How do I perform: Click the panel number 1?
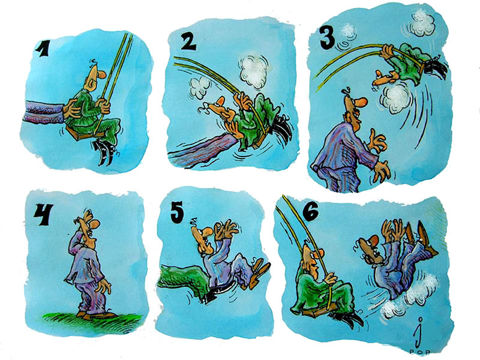pyautogui.click(x=41, y=49)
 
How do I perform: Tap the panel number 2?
pyautogui.click(x=189, y=41)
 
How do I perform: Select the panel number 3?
pyautogui.click(x=328, y=37)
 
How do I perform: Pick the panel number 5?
pyautogui.click(x=177, y=211)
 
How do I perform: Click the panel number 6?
pyautogui.click(x=311, y=212)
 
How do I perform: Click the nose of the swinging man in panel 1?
pyautogui.click(x=101, y=73)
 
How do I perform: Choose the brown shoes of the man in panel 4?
pyautogui.click(x=95, y=315)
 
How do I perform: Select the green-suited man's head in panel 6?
pyautogui.click(x=311, y=255)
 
